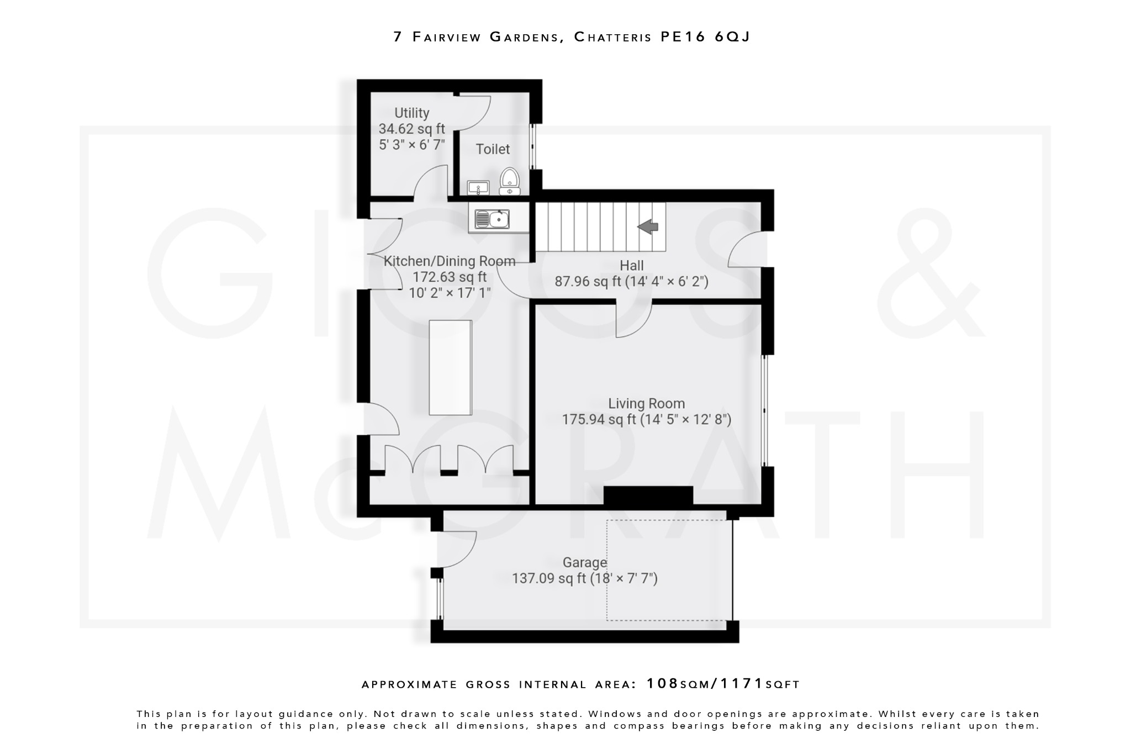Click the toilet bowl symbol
coord(509,181)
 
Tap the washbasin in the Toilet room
coord(478,188)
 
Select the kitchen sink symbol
coord(491,219)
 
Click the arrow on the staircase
coord(648,226)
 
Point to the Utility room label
coord(411,113)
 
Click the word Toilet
coord(493,149)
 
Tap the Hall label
coord(631,265)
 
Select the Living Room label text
coord(646,404)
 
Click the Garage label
coord(584,562)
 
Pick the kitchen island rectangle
coord(450,367)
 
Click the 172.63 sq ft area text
coord(450,277)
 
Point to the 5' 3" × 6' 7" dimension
coord(411,145)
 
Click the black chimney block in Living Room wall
coord(648,495)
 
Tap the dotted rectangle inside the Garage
coord(665,570)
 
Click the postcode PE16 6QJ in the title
coord(705,37)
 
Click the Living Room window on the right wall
coord(764,410)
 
